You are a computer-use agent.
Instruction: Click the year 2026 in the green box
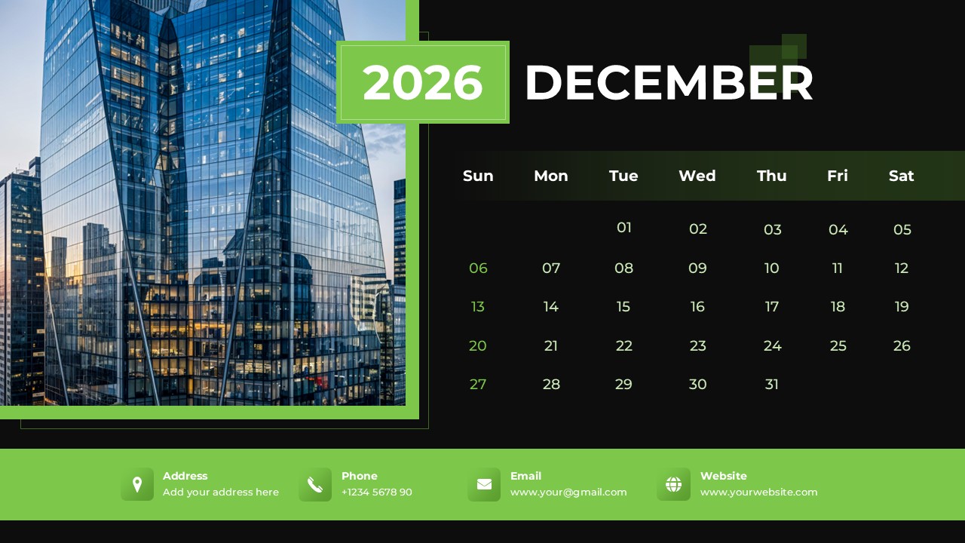click(x=422, y=82)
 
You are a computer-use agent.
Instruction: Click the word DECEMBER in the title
click(x=669, y=82)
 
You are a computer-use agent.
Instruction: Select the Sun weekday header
click(x=478, y=176)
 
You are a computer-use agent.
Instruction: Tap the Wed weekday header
click(x=697, y=176)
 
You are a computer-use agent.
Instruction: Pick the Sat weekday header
click(x=901, y=176)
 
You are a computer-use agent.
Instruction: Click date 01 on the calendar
click(x=624, y=228)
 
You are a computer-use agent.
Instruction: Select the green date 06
click(x=478, y=268)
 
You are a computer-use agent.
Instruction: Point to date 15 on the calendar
click(x=623, y=307)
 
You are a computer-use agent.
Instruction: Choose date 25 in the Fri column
click(x=838, y=346)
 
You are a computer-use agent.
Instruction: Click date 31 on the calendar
click(x=772, y=385)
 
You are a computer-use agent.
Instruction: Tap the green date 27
click(x=478, y=385)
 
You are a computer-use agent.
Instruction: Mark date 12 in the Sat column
click(x=902, y=268)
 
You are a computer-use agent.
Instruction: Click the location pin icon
click(x=137, y=484)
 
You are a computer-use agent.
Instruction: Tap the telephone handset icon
click(x=315, y=484)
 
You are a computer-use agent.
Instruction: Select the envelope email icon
click(x=484, y=484)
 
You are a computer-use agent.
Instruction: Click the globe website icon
click(x=673, y=484)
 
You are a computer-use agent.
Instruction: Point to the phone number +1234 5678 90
click(x=377, y=492)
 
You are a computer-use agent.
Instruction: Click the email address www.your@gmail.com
click(x=568, y=492)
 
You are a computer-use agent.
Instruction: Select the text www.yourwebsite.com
click(x=758, y=492)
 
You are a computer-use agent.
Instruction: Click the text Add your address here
click(x=221, y=492)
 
